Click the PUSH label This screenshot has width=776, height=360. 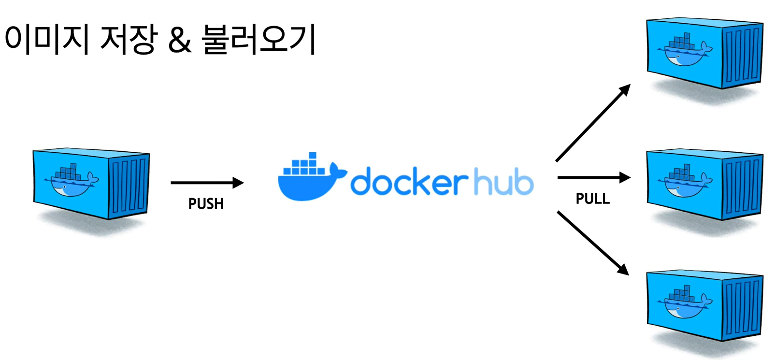206,203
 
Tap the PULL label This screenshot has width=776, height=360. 592,199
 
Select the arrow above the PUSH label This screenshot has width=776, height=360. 207,183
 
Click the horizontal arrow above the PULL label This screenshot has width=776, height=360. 593,178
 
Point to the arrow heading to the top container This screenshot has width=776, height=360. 593,123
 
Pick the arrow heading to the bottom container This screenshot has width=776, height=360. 593,243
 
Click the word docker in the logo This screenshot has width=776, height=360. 408,182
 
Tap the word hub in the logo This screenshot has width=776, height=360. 503,182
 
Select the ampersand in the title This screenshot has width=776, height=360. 180,41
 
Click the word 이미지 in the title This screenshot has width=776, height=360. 46,40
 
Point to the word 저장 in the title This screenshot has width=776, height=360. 129,40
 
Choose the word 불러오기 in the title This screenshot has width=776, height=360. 259,40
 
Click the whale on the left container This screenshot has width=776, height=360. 72,181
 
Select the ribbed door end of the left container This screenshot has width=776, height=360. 129,186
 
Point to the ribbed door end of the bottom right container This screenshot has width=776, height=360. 743,307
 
